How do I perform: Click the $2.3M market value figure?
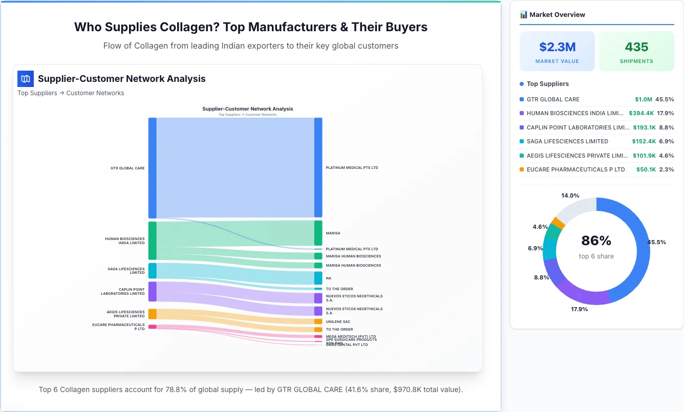click(557, 47)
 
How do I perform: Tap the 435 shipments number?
click(636, 47)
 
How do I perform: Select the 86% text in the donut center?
click(596, 241)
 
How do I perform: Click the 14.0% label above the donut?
click(570, 196)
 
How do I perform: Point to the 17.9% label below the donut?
click(580, 309)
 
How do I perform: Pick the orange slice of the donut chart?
click(558, 223)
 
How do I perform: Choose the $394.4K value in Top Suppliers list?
click(641, 114)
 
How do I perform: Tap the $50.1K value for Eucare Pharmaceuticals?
click(646, 169)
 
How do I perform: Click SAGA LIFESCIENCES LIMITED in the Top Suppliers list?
click(567, 141)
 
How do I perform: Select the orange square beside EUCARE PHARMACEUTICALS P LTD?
click(522, 169)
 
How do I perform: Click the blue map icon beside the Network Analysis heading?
click(26, 79)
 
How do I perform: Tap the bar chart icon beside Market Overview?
click(523, 15)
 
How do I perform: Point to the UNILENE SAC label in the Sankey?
click(338, 322)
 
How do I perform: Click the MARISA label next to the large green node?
click(333, 233)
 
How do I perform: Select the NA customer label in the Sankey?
click(328, 278)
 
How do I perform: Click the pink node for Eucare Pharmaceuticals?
click(152, 327)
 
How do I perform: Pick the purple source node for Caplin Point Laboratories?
click(152, 291)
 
